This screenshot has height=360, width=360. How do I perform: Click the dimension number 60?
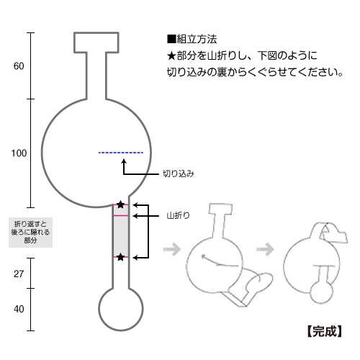point(19,66)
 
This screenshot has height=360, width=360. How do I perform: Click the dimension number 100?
point(19,153)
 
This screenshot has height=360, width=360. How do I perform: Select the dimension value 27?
point(19,274)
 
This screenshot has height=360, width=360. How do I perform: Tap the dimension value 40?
point(19,309)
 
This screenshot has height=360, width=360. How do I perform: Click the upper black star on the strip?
point(120,204)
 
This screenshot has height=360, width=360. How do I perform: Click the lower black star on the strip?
point(120,257)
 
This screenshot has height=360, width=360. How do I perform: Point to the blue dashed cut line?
point(121,153)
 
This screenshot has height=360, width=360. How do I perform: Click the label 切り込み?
point(179,174)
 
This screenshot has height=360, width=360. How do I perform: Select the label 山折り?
point(178,215)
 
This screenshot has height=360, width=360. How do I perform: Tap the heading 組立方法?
point(197,39)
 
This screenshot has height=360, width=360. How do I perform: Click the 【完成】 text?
point(325,331)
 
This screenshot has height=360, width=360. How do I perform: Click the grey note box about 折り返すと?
point(30,233)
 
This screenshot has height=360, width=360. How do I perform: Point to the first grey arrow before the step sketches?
point(172,249)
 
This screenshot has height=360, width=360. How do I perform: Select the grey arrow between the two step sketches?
point(265,249)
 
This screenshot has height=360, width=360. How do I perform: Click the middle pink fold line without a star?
point(121,216)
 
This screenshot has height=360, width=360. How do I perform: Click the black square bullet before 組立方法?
point(171,39)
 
